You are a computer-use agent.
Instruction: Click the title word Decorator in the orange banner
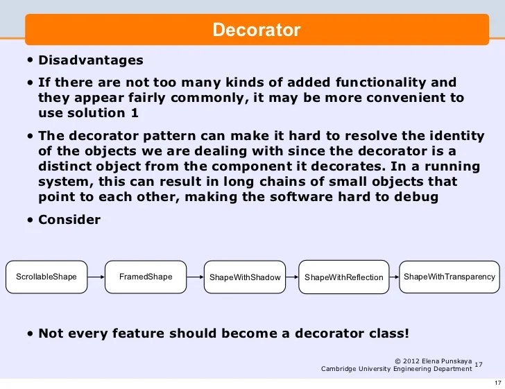click(256, 31)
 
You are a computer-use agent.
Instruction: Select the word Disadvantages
click(91, 60)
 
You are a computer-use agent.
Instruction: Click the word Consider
click(69, 220)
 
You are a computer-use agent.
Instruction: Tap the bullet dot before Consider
click(31, 221)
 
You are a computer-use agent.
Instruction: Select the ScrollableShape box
click(46, 277)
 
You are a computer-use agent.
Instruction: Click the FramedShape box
click(146, 277)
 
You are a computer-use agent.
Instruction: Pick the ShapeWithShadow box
click(245, 277)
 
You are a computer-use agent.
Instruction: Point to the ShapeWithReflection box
click(344, 277)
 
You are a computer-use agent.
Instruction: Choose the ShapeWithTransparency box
click(450, 277)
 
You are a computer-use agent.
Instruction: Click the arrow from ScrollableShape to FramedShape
click(96, 277)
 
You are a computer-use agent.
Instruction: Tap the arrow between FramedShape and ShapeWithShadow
click(195, 277)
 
